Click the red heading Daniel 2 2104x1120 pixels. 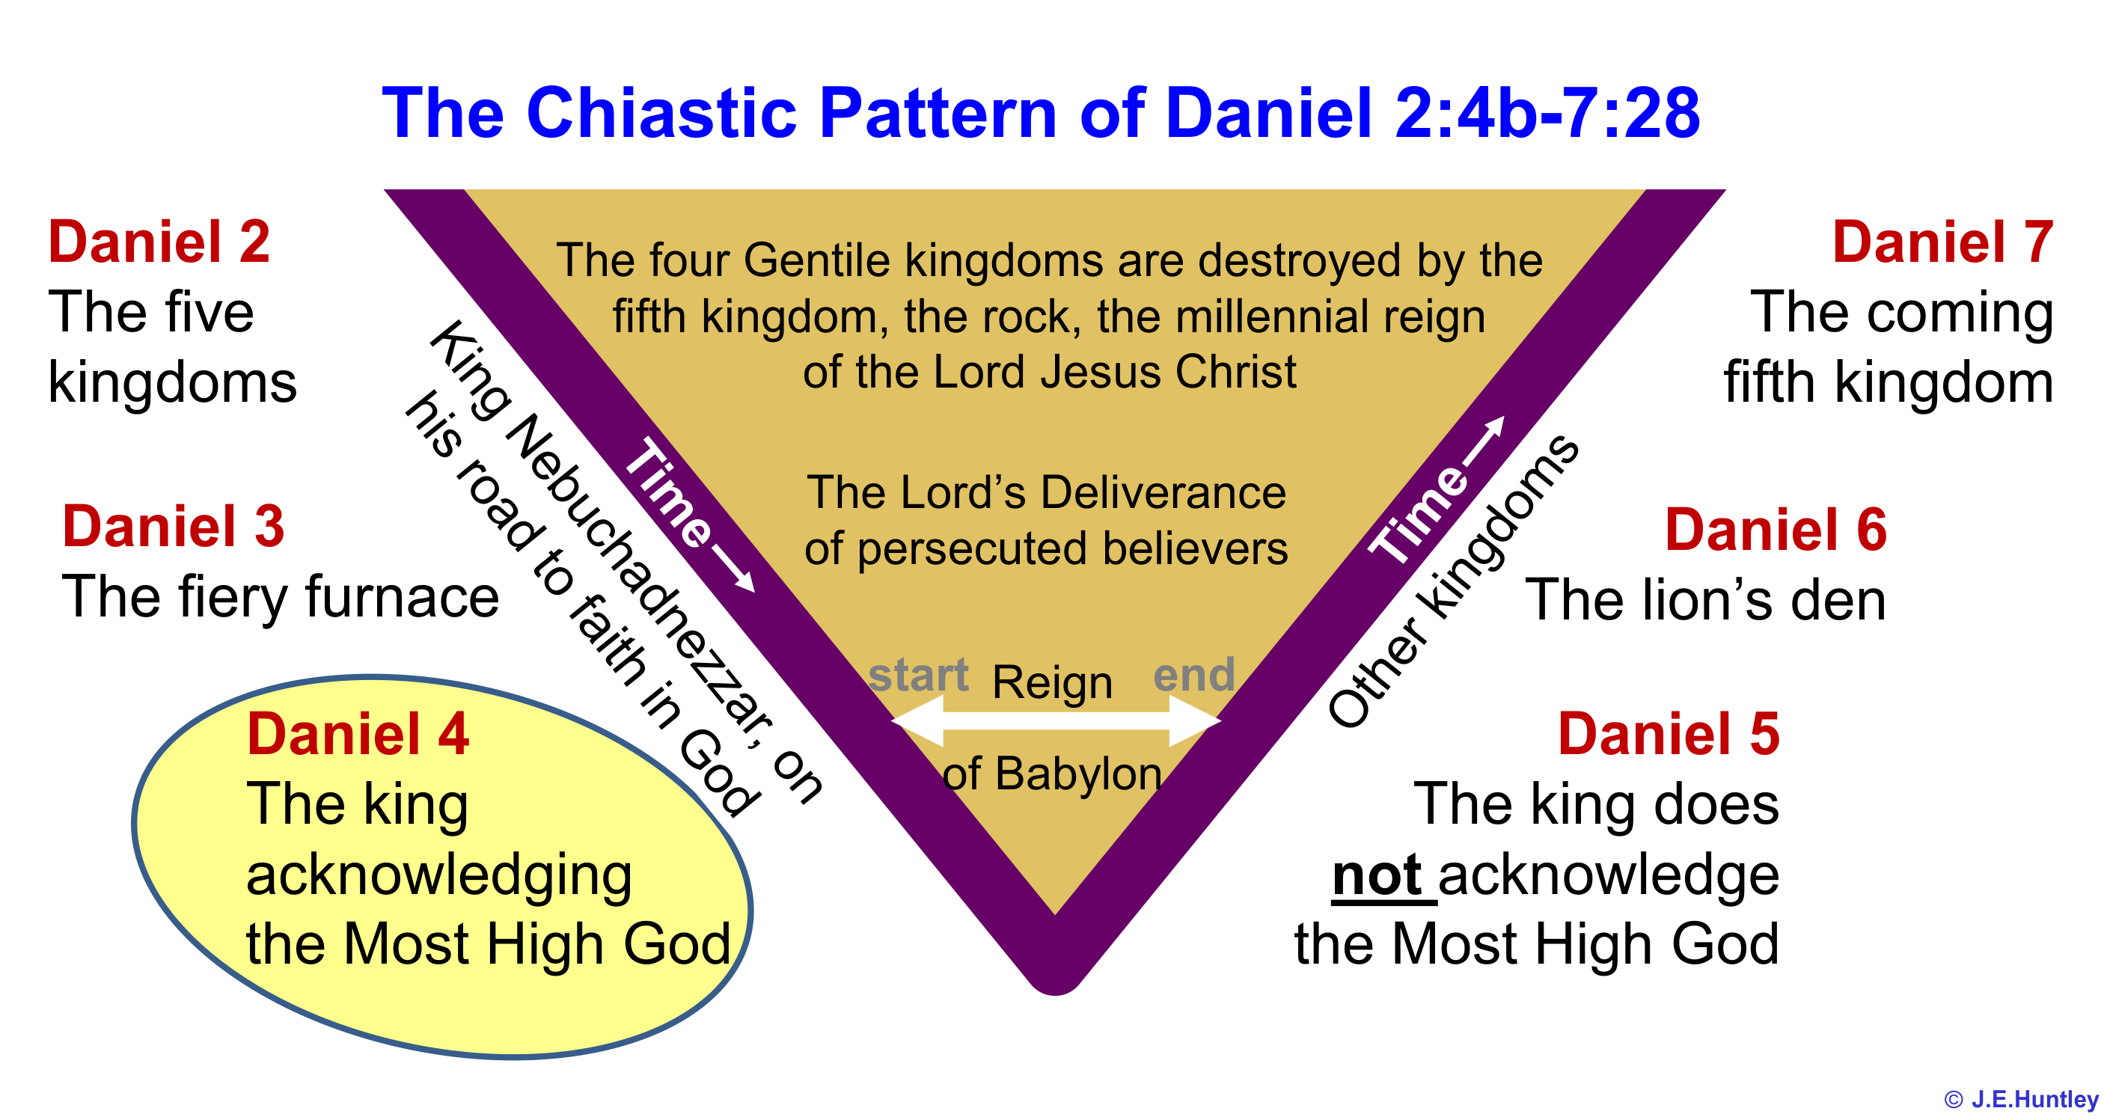coord(159,242)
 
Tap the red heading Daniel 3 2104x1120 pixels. coord(173,526)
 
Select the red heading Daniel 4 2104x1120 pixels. coord(358,734)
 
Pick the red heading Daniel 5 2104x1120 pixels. coord(1668,734)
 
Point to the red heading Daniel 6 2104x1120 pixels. coord(1776,530)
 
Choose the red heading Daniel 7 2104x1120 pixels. coord(1942,242)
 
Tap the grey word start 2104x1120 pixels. coord(918,675)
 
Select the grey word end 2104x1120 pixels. coord(1193,675)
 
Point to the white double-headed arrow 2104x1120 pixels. coord(1055,720)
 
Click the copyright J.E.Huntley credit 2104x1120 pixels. coord(2020,1099)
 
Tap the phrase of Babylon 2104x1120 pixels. coord(1052,773)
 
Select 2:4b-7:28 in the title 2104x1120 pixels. coord(1546,113)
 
